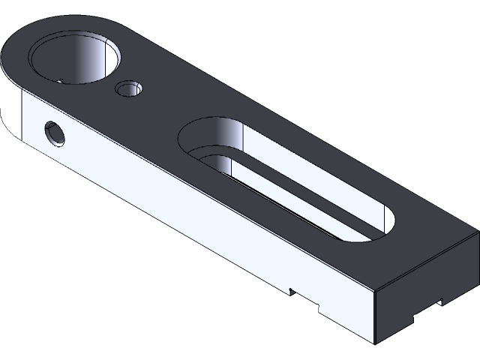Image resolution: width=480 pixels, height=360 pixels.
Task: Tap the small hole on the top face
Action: (x=128, y=90)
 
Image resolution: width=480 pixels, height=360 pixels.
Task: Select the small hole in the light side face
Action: (x=55, y=134)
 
